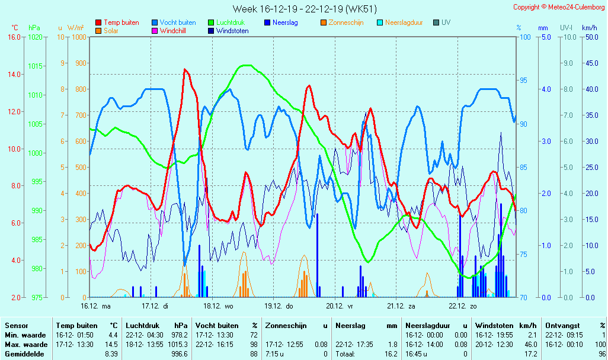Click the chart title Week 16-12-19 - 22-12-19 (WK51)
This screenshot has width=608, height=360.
click(304, 9)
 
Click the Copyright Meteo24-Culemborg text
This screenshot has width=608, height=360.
click(559, 7)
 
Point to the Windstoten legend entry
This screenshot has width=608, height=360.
click(232, 31)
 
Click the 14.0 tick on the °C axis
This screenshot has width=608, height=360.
click(13, 75)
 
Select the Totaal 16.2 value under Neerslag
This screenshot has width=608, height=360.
click(392, 354)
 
